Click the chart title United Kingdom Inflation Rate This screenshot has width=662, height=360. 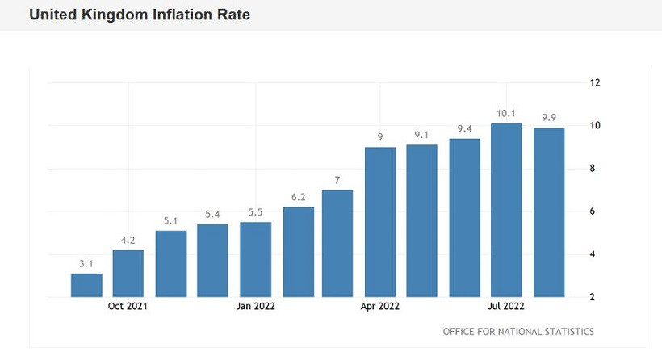pyautogui.click(x=140, y=15)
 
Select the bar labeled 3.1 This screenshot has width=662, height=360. pyautogui.click(x=86, y=285)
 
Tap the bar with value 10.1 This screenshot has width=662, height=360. pyautogui.click(x=506, y=210)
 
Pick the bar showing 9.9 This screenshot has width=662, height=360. pyautogui.click(x=548, y=212)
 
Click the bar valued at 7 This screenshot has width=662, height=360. pyautogui.click(x=337, y=243)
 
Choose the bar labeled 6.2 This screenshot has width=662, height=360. pyautogui.click(x=298, y=252)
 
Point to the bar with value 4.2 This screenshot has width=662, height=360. pyautogui.click(x=128, y=274)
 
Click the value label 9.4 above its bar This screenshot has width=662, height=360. pyautogui.click(x=464, y=128)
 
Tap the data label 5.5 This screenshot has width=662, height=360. pyautogui.click(x=256, y=211)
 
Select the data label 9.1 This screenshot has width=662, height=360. pyautogui.click(x=422, y=135)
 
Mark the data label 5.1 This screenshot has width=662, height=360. pyautogui.click(x=170, y=220)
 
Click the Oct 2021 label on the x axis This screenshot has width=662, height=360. pyautogui.click(x=128, y=307)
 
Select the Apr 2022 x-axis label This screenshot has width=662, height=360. pyautogui.click(x=380, y=307)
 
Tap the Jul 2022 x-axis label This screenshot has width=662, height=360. pyautogui.click(x=506, y=307)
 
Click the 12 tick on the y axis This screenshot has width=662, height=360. pyautogui.click(x=595, y=82)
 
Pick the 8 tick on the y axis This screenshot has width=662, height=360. pyautogui.click(x=595, y=169)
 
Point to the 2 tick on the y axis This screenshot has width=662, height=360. pyautogui.click(x=595, y=297)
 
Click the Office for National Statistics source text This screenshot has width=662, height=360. pyautogui.click(x=518, y=332)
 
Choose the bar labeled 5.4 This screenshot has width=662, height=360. pyautogui.click(x=213, y=260)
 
